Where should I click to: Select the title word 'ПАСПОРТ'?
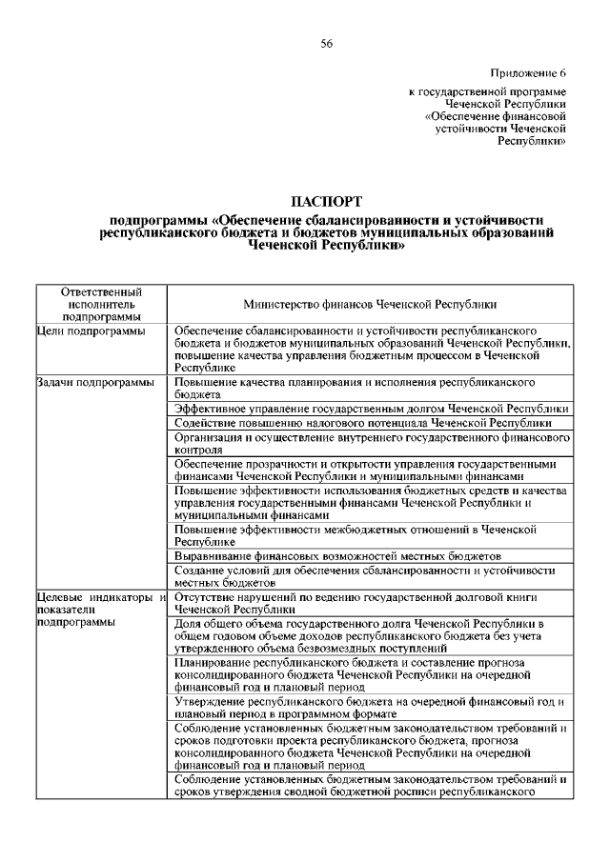[326, 201]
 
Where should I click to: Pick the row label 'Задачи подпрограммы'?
[94, 383]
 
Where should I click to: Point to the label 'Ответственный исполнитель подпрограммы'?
[101, 304]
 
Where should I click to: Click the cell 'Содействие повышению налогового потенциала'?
[363, 422]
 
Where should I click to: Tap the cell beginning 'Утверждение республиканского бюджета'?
[372, 708]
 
